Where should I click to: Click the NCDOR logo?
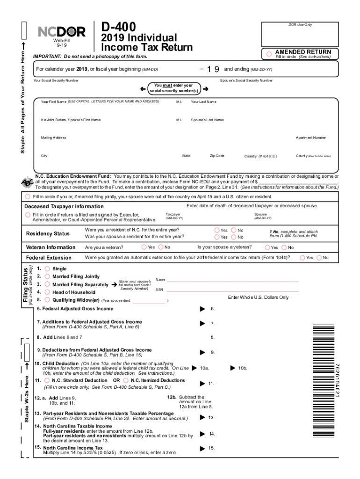pyautogui.click(x=61, y=32)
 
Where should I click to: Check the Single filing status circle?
pyautogui.click(x=46, y=269)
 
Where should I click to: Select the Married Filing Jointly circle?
pyautogui.click(x=46, y=276)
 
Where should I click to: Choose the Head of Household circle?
pyautogui.click(x=46, y=292)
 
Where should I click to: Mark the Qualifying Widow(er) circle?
pyautogui.click(x=46, y=300)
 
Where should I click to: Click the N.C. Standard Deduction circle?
pyautogui.click(x=47, y=381)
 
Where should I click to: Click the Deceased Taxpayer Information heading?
pyautogui.click(x=64, y=206)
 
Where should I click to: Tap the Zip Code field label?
pyautogui.click(x=217, y=156)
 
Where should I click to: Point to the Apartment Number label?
pyautogui.click(x=310, y=138)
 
